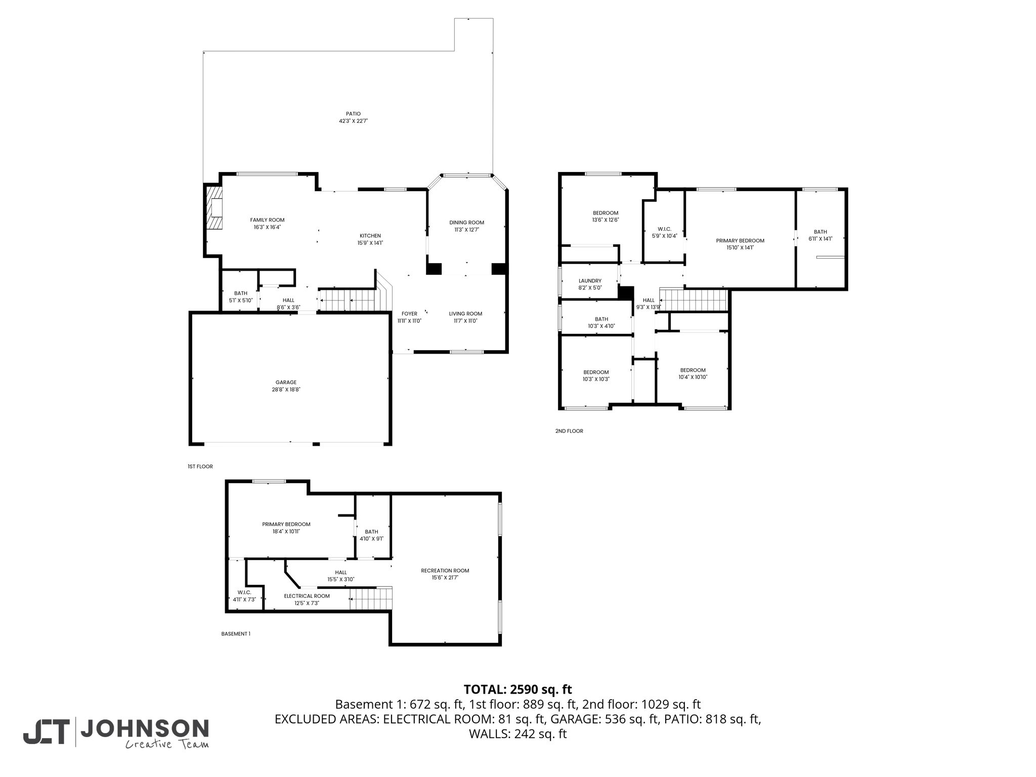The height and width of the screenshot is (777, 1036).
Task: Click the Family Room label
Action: [267, 220]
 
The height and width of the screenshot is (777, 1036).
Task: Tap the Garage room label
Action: [286, 382]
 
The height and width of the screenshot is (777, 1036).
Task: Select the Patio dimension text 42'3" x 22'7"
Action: [353, 121]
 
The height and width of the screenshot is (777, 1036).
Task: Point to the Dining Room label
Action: [466, 223]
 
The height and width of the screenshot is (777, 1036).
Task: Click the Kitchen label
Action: [370, 236]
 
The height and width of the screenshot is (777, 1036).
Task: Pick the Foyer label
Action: [409, 314]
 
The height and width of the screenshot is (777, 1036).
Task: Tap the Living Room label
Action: [465, 314]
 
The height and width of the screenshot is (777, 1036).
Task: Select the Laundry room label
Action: [590, 281]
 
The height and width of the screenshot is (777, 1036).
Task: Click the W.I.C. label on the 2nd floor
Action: [664, 229]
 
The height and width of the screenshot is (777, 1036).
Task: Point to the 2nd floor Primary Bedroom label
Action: [740, 241]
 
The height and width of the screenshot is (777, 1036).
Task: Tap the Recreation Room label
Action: [445, 571]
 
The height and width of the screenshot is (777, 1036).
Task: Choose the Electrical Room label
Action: [307, 596]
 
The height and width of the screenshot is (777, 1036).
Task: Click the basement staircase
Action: [371, 599]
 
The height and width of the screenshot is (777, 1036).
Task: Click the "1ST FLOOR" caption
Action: [200, 466]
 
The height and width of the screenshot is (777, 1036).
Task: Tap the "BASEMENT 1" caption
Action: [236, 634]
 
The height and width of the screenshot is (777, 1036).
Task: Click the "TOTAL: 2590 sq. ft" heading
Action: [517, 689]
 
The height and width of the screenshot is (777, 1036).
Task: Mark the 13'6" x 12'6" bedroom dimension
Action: [606, 220]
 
